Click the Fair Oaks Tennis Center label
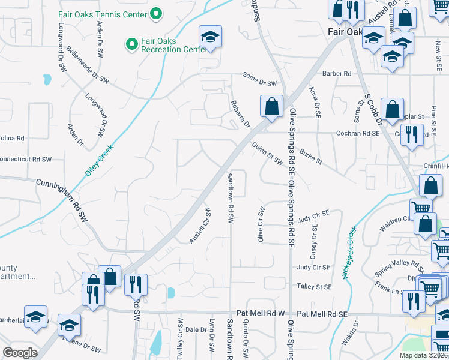point(102,13)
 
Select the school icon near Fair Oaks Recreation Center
point(210,37)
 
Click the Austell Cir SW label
point(200,226)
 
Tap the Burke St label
point(311,157)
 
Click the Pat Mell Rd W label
point(261,314)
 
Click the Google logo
point(20,352)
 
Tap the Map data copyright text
point(423,355)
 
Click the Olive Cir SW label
point(261,224)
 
